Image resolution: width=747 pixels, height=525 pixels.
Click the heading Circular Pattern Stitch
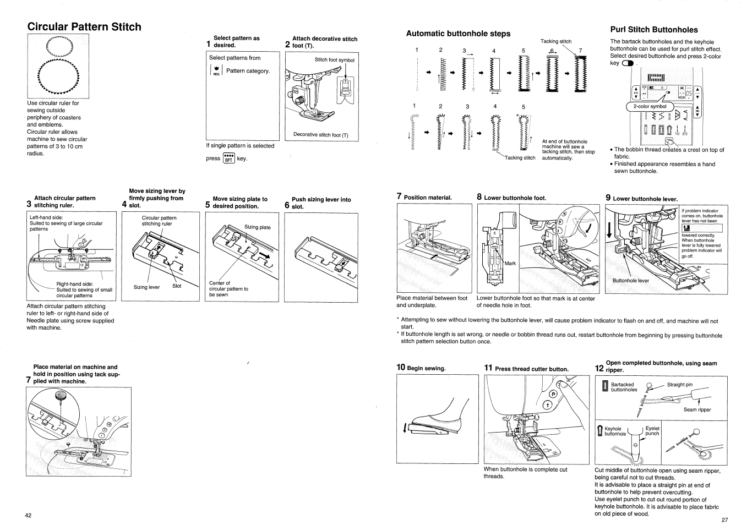coord(84,27)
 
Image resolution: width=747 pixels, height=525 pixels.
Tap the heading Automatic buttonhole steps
coord(458,34)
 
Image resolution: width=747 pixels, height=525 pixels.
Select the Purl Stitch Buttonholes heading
coord(654,30)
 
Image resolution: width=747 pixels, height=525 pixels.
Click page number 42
coord(28,515)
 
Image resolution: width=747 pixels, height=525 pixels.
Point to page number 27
coord(724,519)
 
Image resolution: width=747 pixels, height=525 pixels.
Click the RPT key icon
coord(228,158)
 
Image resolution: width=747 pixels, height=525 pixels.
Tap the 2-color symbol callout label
coord(650,106)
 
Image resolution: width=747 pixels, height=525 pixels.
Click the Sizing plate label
coord(258,227)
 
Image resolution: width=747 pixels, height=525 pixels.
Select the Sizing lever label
coord(146,287)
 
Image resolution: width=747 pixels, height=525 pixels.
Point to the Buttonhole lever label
coord(630,281)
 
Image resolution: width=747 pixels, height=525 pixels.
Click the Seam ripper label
coord(697,409)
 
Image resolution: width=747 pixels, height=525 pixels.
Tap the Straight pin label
coord(680,385)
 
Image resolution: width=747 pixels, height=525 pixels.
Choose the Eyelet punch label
coord(652,431)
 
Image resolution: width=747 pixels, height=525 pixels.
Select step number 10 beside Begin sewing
coord(401,368)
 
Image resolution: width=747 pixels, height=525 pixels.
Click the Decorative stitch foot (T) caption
coord(320,134)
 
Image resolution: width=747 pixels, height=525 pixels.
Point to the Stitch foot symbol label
coord(334,60)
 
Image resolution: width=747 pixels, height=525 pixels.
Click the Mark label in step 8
coord(510,264)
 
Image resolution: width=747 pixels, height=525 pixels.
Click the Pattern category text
coord(248,71)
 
